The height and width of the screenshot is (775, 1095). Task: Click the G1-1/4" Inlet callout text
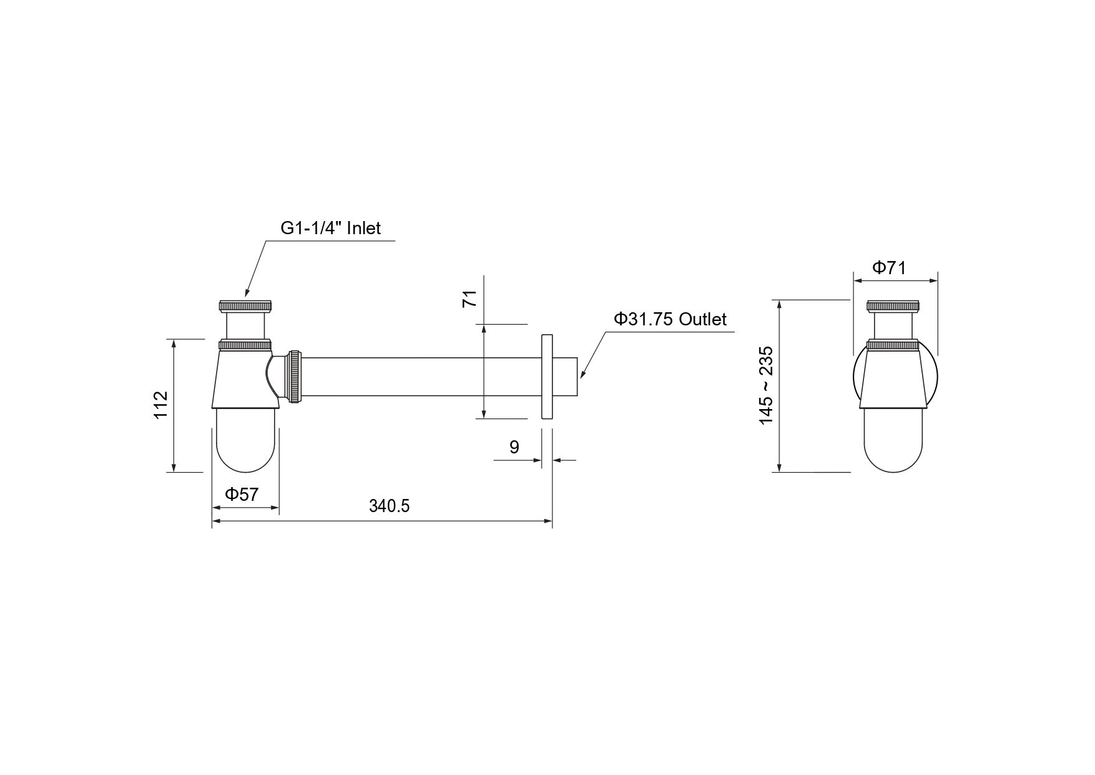pyautogui.click(x=330, y=228)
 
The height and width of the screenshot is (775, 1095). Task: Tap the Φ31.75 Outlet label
pyautogui.click(x=670, y=319)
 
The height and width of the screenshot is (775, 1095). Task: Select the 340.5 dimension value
pyautogui.click(x=389, y=506)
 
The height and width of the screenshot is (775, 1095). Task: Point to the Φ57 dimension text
pyautogui.click(x=242, y=495)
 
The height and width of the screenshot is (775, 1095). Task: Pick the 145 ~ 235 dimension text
pyautogui.click(x=766, y=385)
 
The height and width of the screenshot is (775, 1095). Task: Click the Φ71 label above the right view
pyautogui.click(x=889, y=268)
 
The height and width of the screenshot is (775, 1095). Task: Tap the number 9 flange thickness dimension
pyautogui.click(x=514, y=447)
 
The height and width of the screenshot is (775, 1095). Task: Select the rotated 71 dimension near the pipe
pyautogui.click(x=469, y=299)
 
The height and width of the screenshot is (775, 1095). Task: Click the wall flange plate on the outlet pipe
pyautogui.click(x=547, y=377)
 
